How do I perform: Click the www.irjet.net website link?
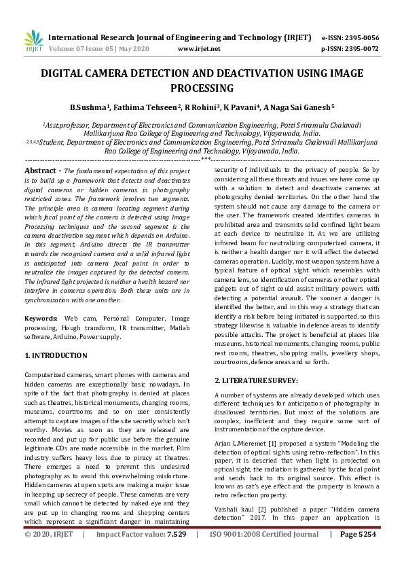[x=199, y=49]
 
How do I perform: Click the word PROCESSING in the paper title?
[x=202, y=88]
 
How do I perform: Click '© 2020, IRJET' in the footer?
[x=48, y=554]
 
